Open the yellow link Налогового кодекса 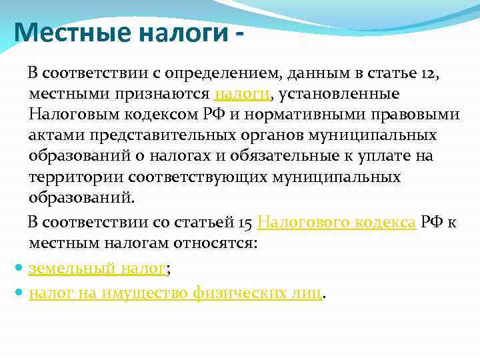pos(337,222)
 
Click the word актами pos(51,135)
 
